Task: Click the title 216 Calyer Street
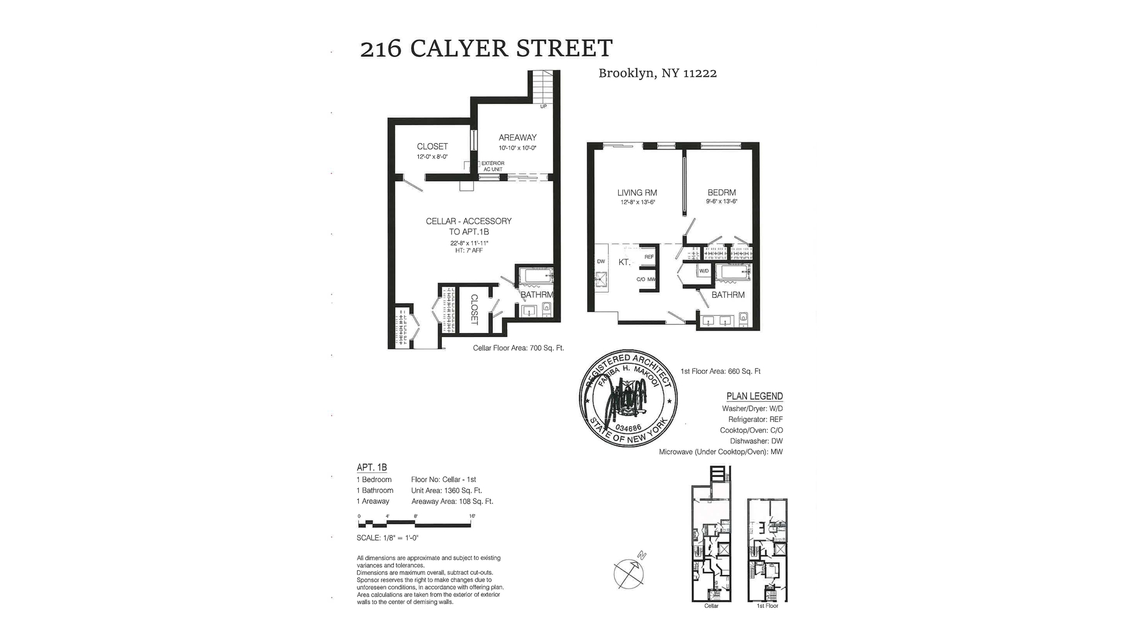(x=486, y=49)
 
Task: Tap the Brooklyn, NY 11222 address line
(x=657, y=74)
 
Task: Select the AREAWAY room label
(x=517, y=138)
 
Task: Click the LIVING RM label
(x=637, y=192)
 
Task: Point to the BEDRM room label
(x=721, y=192)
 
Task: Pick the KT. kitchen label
(x=624, y=262)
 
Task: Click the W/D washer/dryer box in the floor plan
(x=704, y=271)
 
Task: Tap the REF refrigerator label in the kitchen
(x=649, y=257)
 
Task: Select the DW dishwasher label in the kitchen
(x=601, y=262)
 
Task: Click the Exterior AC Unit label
(x=492, y=166)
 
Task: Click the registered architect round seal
(x=628, y=398)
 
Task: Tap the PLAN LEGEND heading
(x=755, y=396)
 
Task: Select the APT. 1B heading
(x=371, y=468)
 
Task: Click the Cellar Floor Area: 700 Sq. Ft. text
(x=518, y=348)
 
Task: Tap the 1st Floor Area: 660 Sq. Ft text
(x=720, y=372)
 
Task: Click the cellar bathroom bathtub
(x=535, y=276)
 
